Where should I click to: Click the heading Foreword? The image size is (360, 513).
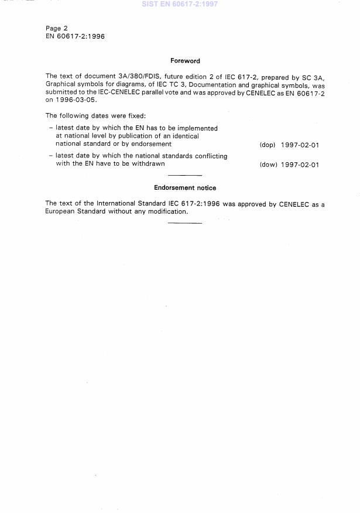(185, 60)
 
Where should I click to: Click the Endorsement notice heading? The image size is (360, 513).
(185, 188)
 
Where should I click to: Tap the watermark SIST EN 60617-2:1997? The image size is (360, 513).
(180, 4)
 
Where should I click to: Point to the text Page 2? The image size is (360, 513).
(57, 28)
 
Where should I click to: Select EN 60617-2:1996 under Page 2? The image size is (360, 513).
(75, 36)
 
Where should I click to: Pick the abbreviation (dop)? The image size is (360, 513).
(267, 145)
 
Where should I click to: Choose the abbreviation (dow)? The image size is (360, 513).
(268, 165)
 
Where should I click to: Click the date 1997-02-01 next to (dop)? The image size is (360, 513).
(300, 145)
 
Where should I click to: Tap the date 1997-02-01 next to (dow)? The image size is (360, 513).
(300, 165)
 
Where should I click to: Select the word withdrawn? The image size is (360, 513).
(149, 164)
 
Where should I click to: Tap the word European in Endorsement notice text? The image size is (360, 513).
(60, 211)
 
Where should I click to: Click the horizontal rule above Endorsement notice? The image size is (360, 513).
(185, 176)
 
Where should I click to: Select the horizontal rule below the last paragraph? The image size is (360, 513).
(185, 223)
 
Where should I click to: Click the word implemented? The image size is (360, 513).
(197, 128)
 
